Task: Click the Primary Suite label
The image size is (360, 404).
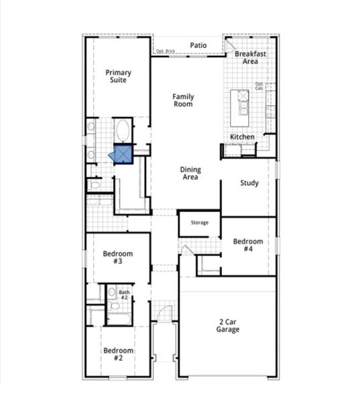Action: pyautogui.click(x=117, y=76)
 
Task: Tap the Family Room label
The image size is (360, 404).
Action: pyautogui.click(x=182, y=100)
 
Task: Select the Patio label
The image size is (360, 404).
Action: pyautogui.click(x=198, y=45)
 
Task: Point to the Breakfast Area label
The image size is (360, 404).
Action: pyautogui.click(x=250, y=57)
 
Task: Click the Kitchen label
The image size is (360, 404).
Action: pyautogui.click(x=242, y=137)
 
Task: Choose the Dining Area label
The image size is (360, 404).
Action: pyautogui.click(x=190, y=174)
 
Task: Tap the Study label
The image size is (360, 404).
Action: pyautogui.click(x=249, y=182)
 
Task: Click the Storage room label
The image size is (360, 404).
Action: pyautogui.click(x=199, y=222)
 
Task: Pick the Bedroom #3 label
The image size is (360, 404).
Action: pyautogui.click(x=117, y=257)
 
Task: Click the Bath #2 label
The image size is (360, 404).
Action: pyautogui.click(x=124, y=294)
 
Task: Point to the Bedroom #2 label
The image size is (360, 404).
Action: pyautogui.click(x=117, y=353)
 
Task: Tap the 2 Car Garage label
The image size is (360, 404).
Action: pyautogui.click(x=227, y=325)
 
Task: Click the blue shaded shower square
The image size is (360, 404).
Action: pyautogui.click(x=123, y=155)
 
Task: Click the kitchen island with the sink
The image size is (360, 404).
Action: pyautogui.click(x=240, y=108)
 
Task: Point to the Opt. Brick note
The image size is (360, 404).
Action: pyautogui.click(x=165, y=51)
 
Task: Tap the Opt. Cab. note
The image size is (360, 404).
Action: pyautogui.click(x=260, y=86)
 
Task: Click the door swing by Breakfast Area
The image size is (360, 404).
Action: pyautogui.click(x=229, y=47)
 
